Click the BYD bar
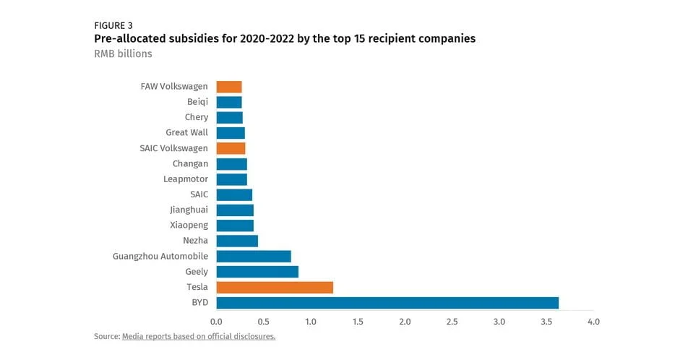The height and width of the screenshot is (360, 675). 387,303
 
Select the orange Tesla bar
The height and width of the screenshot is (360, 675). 275,288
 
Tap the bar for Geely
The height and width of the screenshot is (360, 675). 257,272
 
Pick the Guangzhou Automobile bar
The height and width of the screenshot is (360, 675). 254,257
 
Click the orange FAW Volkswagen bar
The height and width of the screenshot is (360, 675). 229,87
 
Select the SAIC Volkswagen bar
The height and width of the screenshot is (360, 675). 231,148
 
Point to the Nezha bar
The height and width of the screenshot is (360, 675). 237,241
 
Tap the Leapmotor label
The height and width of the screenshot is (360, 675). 186,179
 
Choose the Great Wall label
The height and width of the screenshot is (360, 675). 186,133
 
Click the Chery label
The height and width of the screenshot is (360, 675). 196,117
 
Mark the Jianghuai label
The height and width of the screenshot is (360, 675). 189,210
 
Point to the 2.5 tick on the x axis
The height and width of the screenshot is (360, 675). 452,321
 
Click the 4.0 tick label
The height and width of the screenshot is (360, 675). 593,321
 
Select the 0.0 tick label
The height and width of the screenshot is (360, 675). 216,321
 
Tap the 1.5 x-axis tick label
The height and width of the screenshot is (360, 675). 358,321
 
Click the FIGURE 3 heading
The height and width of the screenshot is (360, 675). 113,25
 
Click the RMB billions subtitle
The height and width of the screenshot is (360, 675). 123,54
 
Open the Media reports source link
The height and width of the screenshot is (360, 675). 199,337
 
